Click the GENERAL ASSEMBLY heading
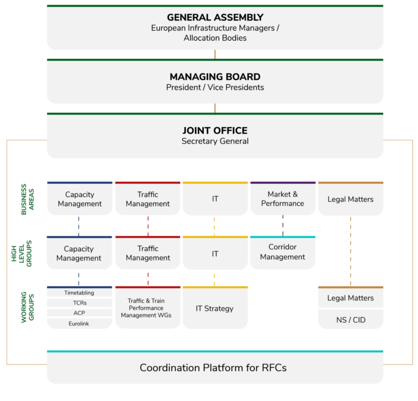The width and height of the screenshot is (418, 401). coord(215,18)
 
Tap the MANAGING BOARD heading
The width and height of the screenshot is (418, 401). coord(215,77)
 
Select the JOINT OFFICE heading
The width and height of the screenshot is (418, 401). coord(215,130)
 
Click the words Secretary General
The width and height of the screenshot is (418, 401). coord(215,141)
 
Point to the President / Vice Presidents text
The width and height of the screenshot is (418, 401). coord(215,88)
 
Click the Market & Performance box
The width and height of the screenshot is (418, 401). coord(283,199)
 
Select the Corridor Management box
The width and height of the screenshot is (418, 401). coord(283,252)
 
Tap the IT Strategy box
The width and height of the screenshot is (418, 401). coord(215,309)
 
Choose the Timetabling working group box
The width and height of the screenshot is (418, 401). coord(79,293)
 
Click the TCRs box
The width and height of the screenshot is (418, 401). coord(79,303)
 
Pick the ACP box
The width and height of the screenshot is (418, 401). coord(79,313)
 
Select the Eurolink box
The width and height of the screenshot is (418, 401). coord(79,323)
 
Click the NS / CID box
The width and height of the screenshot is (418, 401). coord(351,320)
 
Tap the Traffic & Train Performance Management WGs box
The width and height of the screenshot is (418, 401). coord(147,308)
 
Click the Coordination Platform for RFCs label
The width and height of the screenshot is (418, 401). coord(213,368)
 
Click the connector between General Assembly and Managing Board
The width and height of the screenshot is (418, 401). coord(215,54)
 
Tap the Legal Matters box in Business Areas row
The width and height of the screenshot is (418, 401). coord(351,199)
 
